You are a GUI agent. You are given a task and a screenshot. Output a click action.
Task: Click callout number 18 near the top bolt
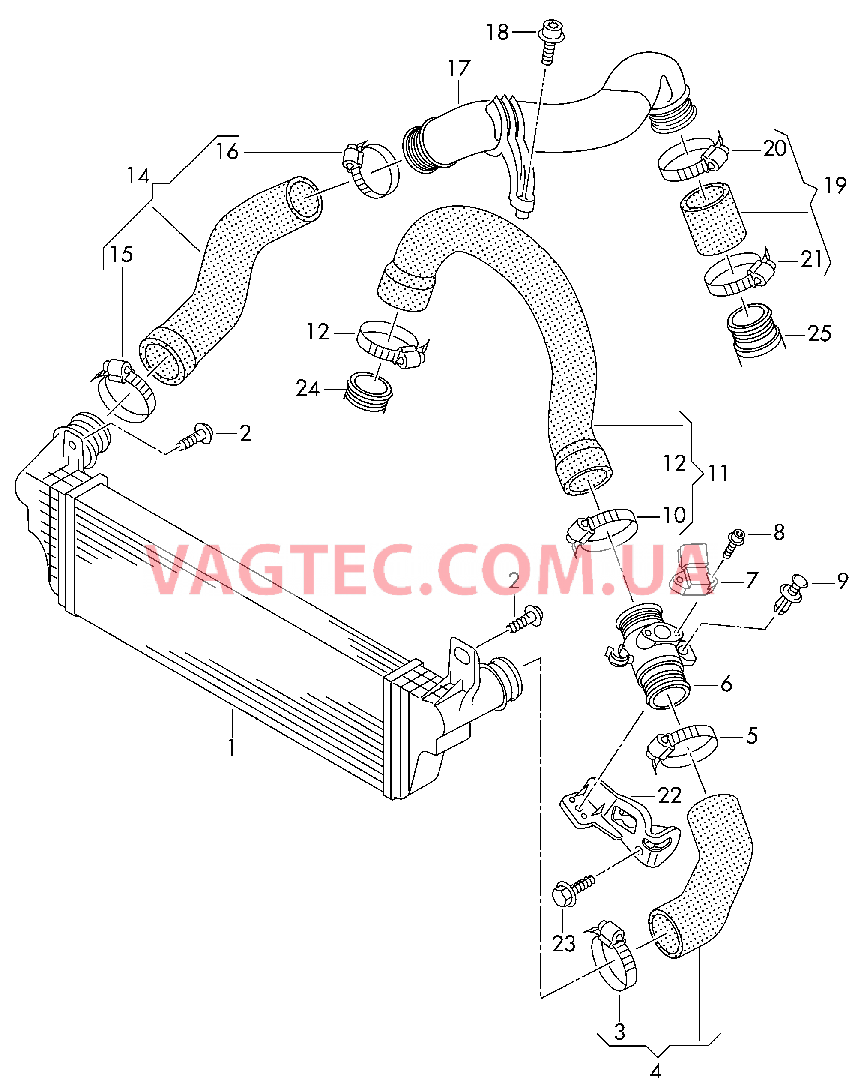[x=497, y=33]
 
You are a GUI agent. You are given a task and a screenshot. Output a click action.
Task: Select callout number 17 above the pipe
[x=459, y=69]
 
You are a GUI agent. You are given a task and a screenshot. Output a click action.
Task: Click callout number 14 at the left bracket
[x=138, y=176]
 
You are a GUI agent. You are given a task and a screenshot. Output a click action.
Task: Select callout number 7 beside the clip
[x=752, y=580]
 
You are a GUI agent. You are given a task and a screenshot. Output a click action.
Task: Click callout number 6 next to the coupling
[x=726, y=684]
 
